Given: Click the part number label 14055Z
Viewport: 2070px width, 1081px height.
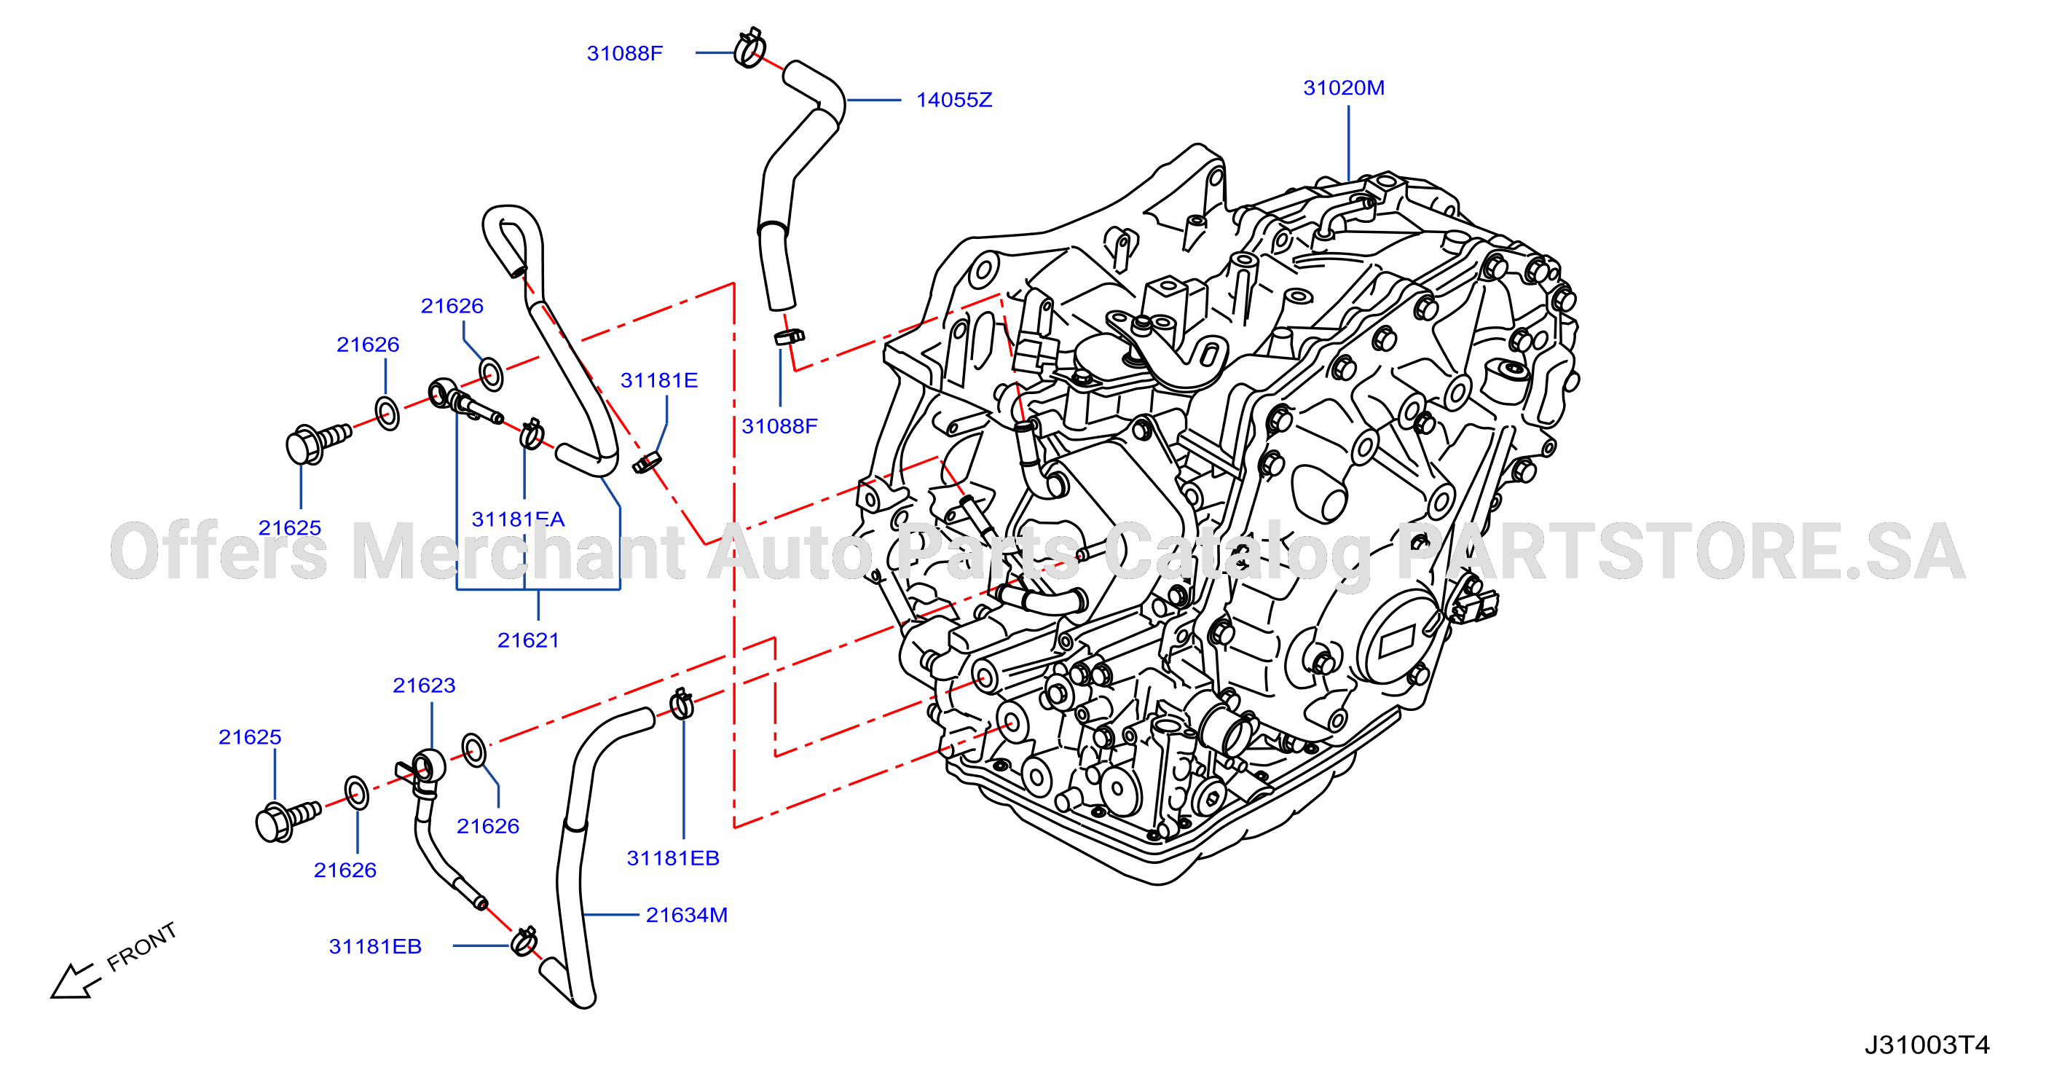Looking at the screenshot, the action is tap(954, 100).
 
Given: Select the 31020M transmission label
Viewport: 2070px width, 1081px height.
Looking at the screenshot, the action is tap(1344, 87).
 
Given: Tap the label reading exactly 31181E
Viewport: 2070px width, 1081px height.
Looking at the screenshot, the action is tap(659, 380).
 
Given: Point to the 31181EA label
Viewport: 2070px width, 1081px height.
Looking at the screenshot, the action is tap(519, 519).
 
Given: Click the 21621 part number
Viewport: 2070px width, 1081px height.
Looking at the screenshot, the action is tap(528, 640).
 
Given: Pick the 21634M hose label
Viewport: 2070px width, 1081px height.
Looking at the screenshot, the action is tap(687, 915).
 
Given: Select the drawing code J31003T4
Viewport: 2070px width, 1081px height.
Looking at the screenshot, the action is tap(1927, 1044).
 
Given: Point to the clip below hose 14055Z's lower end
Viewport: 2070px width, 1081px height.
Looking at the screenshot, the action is tap(789, 336).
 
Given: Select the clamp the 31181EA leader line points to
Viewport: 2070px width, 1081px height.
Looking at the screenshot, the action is tap(531, 434).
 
